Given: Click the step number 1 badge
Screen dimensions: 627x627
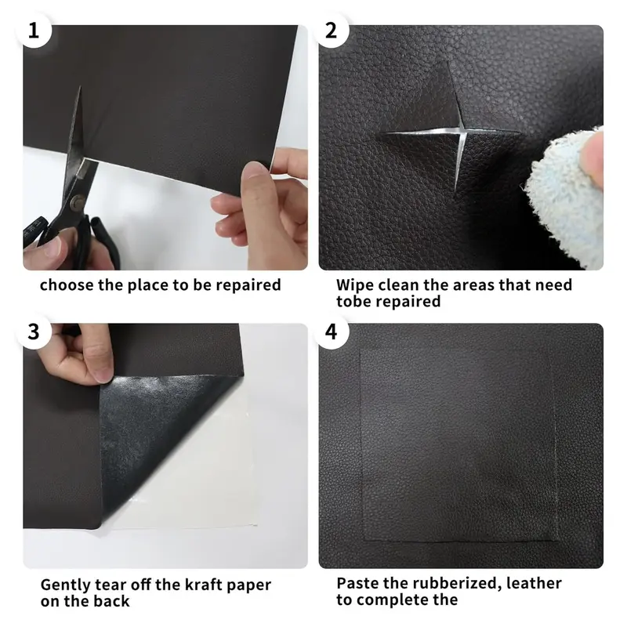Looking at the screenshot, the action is click(34, 31).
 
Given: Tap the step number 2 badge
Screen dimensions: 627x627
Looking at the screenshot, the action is click(331, 31).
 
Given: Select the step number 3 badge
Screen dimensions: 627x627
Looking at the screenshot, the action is click(34, 332).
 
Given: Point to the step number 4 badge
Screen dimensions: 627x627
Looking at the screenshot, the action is click(331, 332).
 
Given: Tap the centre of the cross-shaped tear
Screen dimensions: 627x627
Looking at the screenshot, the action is click(461, 130).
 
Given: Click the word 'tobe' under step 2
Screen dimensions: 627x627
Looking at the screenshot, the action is click(352, 302).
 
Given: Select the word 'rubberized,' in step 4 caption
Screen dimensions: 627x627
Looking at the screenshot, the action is click(457, 584).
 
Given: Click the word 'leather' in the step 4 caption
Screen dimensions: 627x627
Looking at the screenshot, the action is click(534, 583).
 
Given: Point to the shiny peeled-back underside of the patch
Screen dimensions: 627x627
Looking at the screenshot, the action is click(160, 432).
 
